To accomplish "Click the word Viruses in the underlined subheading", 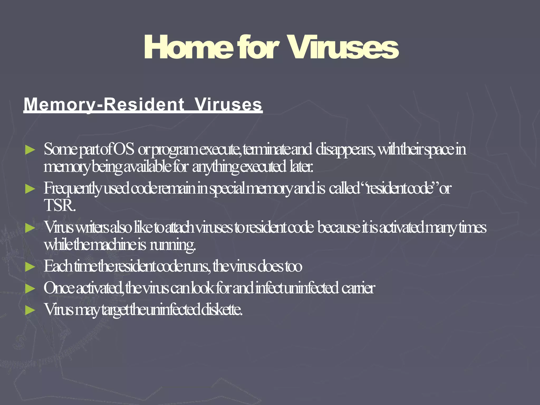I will tap(228, 104).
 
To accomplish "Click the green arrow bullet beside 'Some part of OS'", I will tap(30, 150).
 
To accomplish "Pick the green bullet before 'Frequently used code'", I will tap(30, 189).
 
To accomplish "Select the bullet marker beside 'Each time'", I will tap(30, 267).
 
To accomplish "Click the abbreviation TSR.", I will tap(60, 206).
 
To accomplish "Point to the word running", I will tap(173, 245).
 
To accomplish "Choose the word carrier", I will tap(358, 288).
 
